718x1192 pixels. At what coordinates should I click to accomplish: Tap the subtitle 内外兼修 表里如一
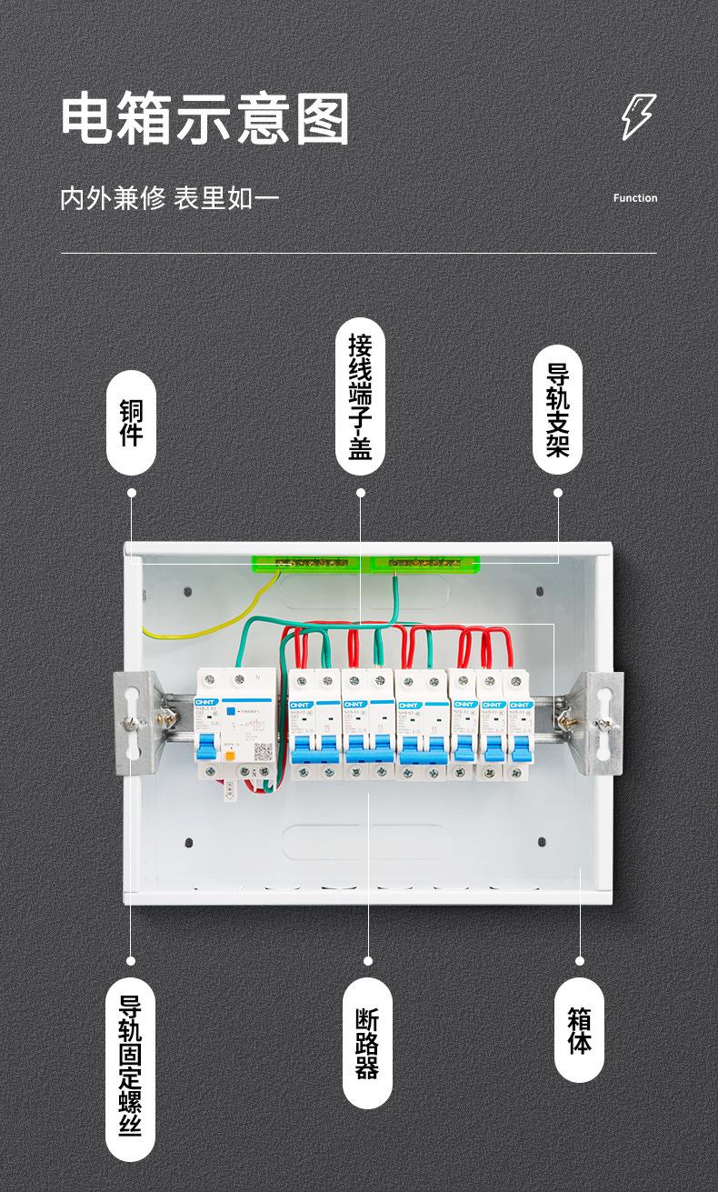[x=170, y=198]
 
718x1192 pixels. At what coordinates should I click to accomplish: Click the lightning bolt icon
[x=637, y=116]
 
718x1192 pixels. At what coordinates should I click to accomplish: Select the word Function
[x=635, y=198]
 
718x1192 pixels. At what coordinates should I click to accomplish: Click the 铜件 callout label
[x=132, y=422]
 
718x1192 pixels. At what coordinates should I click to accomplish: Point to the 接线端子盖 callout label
[x=360, y=396]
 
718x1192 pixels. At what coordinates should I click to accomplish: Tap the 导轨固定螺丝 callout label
[x=131, y=1068]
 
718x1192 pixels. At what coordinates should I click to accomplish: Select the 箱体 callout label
[x=579, y=1030]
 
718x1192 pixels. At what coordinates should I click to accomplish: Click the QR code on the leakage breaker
[x=263, y=753]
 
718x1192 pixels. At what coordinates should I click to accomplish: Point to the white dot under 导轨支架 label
[x=558, y=493]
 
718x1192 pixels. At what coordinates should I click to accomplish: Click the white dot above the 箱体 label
[x=580, y=960]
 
